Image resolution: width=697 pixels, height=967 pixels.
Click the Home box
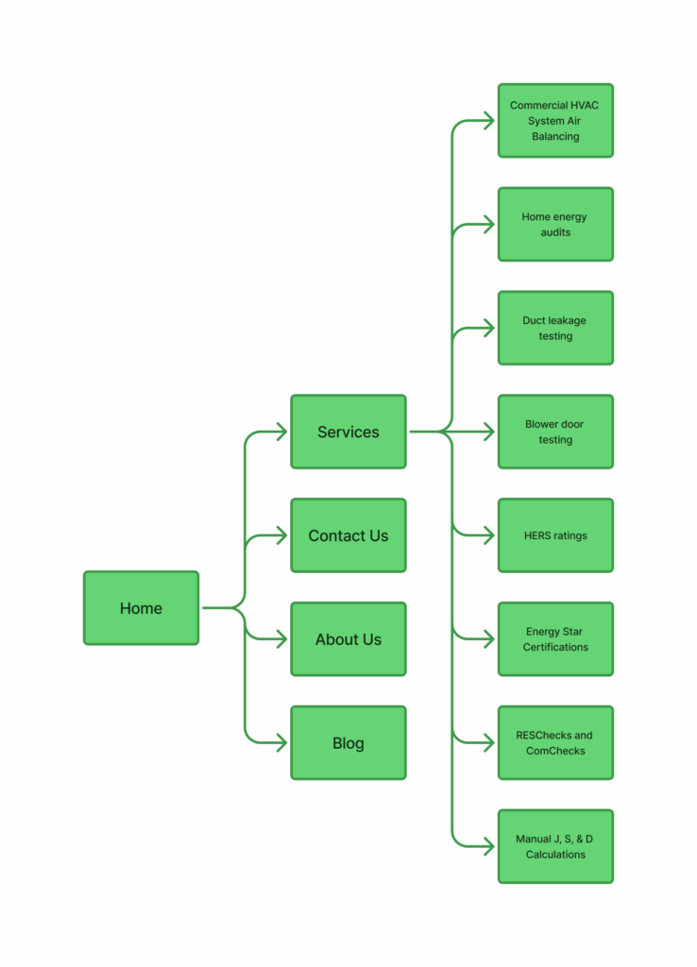point(141,608)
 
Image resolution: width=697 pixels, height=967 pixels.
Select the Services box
point(348,432)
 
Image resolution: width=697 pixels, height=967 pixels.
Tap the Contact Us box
point(348,535)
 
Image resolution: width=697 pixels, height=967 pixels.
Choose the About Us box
point(348,639)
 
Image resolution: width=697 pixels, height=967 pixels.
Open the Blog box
point(348,743)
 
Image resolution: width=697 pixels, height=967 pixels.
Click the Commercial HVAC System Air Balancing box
point(555,121)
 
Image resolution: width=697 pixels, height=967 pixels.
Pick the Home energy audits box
point(555,225)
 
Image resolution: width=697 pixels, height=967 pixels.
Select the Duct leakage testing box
point(555,329)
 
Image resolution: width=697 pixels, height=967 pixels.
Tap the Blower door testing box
point(555,432)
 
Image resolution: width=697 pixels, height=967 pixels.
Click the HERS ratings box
point(555,535)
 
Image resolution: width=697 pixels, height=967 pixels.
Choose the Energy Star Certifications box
point(555,639)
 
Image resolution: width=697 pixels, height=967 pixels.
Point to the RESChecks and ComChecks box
point(555,743)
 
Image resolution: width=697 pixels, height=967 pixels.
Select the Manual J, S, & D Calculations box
point(555,847)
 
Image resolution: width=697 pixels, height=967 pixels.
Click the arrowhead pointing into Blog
point(281,743)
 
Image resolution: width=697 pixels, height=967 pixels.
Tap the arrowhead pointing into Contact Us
point(281,535)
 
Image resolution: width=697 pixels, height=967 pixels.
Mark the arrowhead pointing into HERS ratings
point(489,535)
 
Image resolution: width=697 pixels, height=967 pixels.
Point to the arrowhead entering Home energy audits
point(489,225)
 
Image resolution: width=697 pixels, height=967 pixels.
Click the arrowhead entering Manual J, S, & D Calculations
point(489,847)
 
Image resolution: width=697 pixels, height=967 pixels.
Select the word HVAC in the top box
point(584,105)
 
